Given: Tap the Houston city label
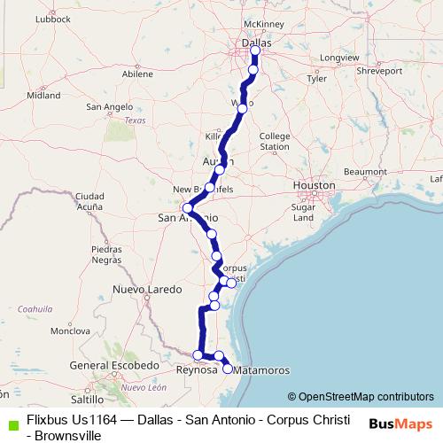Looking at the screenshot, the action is (x=315, y=185).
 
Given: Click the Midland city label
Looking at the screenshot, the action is (x=44, y=94).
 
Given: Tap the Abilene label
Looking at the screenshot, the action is (x=137, y=74).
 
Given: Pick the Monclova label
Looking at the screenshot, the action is (x=65, y=330).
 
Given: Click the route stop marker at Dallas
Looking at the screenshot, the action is (x=254, y=50).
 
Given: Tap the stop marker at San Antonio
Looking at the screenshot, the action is (x=187, y=209).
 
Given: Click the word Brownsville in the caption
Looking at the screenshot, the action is (x=63, y=435).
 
